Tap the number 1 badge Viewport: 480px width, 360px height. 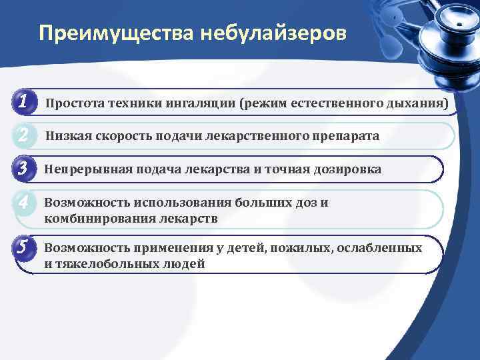tap(23, 103)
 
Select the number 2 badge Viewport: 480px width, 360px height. tap(23, 135)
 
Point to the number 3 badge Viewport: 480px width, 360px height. tap(23, 169)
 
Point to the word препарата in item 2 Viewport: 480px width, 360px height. tap(345, 136)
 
